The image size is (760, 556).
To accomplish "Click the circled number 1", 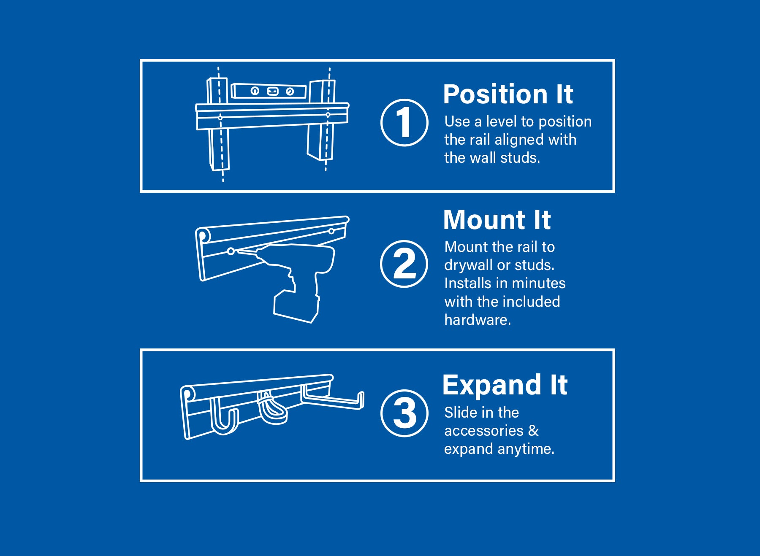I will tap(404, 123).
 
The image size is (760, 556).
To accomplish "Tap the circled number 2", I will tap(404, 264).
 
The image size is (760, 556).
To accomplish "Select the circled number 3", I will tap(404, 413).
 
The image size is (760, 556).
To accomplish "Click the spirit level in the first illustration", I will tap(269, 91).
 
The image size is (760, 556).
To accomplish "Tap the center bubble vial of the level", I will tap(273, 91).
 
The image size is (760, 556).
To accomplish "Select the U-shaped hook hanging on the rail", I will tap(224, 418).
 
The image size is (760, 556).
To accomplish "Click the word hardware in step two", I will tap(477, 320).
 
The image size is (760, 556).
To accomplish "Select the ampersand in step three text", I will tap(533, 431).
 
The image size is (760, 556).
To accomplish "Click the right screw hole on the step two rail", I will tap(331, 231).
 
